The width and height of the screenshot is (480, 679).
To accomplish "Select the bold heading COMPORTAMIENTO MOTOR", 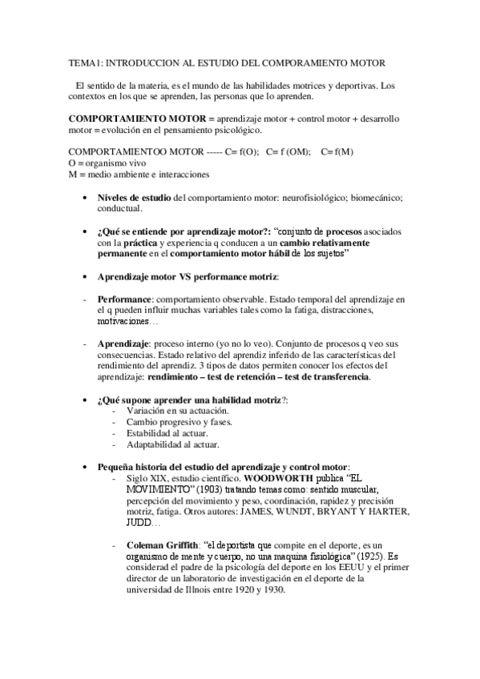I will [135, 118].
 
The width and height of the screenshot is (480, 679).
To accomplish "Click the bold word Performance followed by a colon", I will [123, 299].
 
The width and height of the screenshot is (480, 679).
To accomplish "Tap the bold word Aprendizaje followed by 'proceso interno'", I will [124, 344].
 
